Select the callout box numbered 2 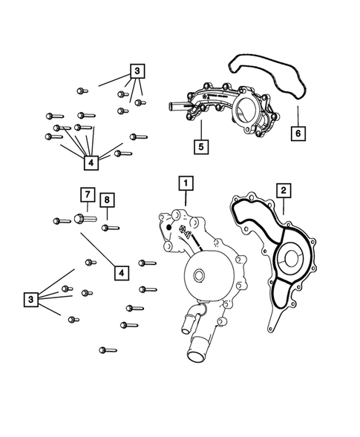click(x=282, y=191)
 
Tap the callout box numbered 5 click(x=200, y=146)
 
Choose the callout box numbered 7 click(x=87, y=195)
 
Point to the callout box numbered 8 click(x=108, y=200)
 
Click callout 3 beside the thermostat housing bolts click(x=137, y=72)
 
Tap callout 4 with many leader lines click(x=91, y=162)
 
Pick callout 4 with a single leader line click(x=119, y=273)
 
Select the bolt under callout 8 click(x=109, y=226)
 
